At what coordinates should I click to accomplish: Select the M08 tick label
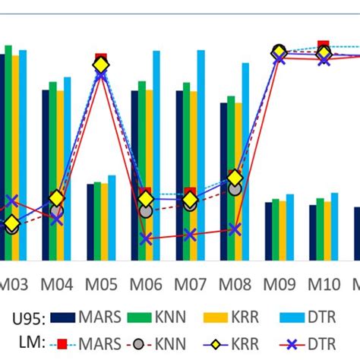point(234,285)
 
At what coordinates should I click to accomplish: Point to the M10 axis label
point(324,285)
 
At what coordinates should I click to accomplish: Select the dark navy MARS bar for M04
point(46,175)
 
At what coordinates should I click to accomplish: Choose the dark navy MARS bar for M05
point(90,220)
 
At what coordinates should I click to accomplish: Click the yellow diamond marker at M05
point(101,66)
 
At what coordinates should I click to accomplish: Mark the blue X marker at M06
point(145,238)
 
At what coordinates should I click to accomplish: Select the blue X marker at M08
point(235,229)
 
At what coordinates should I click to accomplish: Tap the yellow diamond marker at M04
point(57,199)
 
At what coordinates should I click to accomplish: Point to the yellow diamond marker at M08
point(235,178)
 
